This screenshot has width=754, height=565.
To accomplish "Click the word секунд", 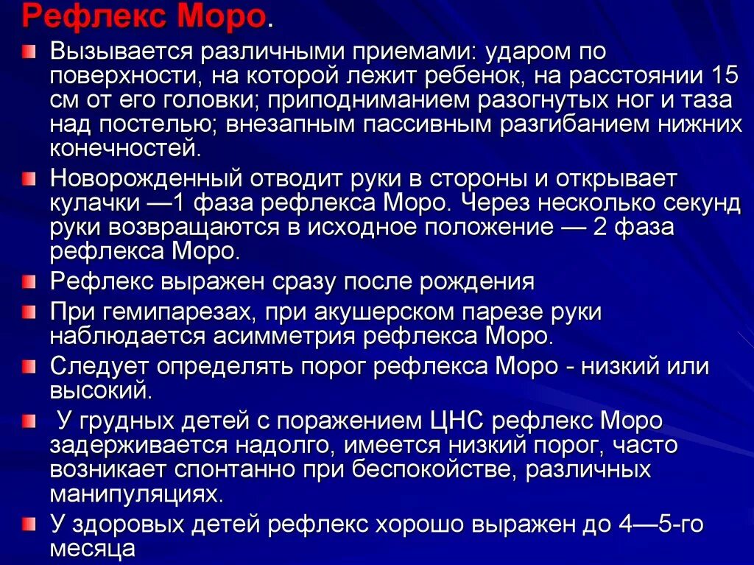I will click(x=702, y=203).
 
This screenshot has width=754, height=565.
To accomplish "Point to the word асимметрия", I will click(x=279, y=336).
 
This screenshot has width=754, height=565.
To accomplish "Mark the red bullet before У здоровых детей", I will click(x=28, y=524).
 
